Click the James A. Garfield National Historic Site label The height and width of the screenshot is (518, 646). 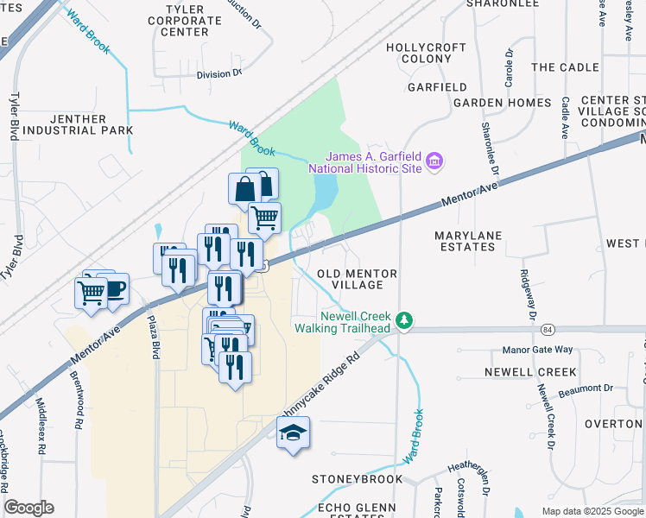coord(373,161)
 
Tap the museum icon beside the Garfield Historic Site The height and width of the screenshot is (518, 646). coord(436,161)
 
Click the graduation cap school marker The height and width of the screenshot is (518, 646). coord(294,433)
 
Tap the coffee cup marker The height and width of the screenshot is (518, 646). coord(112,287)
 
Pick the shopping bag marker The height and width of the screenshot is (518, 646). coord(245,189)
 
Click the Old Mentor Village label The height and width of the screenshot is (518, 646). coord(357,279)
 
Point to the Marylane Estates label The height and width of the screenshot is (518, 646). coord(465,241)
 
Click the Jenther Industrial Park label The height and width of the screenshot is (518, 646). coord(79,124)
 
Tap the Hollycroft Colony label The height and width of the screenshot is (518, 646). coord(419,53)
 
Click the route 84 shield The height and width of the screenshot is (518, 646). coord(548,329)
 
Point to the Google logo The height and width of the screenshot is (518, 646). coord(28,508)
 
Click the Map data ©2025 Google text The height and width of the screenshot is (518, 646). coord(592,511)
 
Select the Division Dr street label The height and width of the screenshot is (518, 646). coord(219,74)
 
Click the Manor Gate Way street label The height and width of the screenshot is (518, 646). coord(538,350)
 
